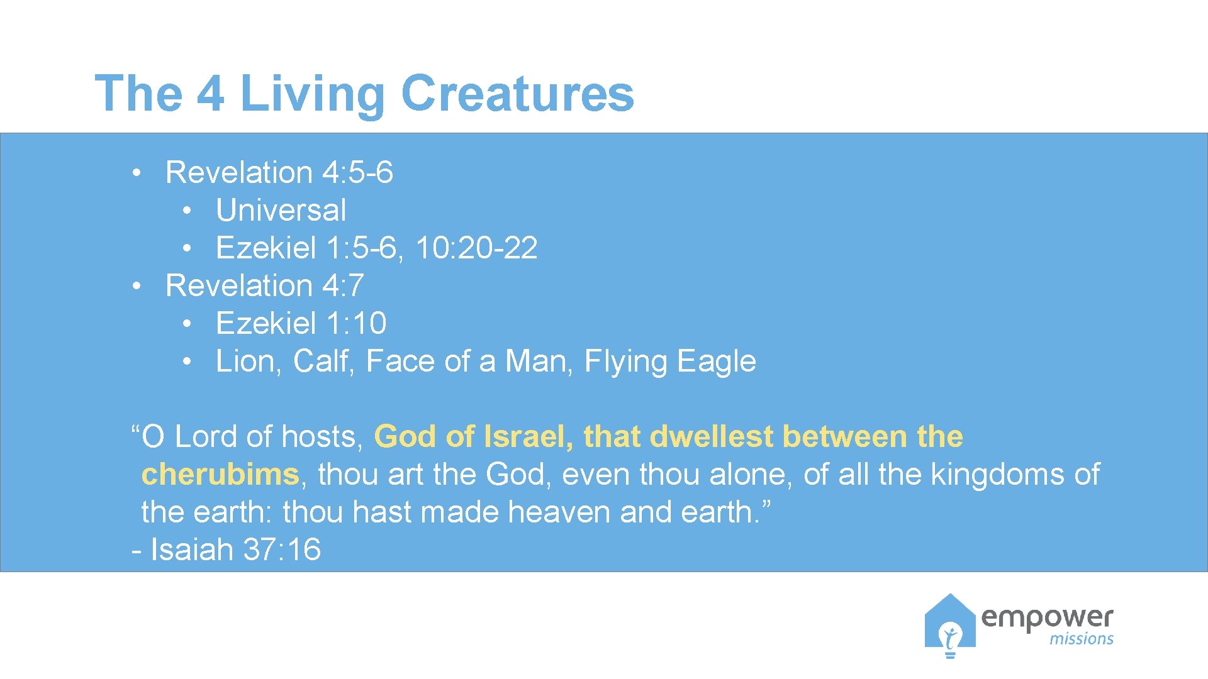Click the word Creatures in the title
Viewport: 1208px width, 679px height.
pos(517,94)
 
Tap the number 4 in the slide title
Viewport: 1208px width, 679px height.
pos(210,94)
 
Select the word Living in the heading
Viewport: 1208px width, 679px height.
pos(312,94)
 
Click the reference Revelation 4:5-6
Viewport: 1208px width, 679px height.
pos(279,172)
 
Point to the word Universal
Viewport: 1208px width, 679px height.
pos(281,210)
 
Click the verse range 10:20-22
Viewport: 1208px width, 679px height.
pos(476,248)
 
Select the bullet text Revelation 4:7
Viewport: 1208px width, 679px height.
pos(264,285)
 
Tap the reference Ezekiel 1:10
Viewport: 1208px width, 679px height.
pos(301,323)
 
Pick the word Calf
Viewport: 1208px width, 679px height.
pos(323,361)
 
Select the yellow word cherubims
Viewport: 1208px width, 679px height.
pos(220,474)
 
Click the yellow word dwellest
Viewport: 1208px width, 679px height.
pos(711,436)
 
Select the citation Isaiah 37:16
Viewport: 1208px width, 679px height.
pos(235,549)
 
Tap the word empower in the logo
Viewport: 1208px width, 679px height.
pos(1047,617)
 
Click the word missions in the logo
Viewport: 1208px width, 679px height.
pos(1081,639)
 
